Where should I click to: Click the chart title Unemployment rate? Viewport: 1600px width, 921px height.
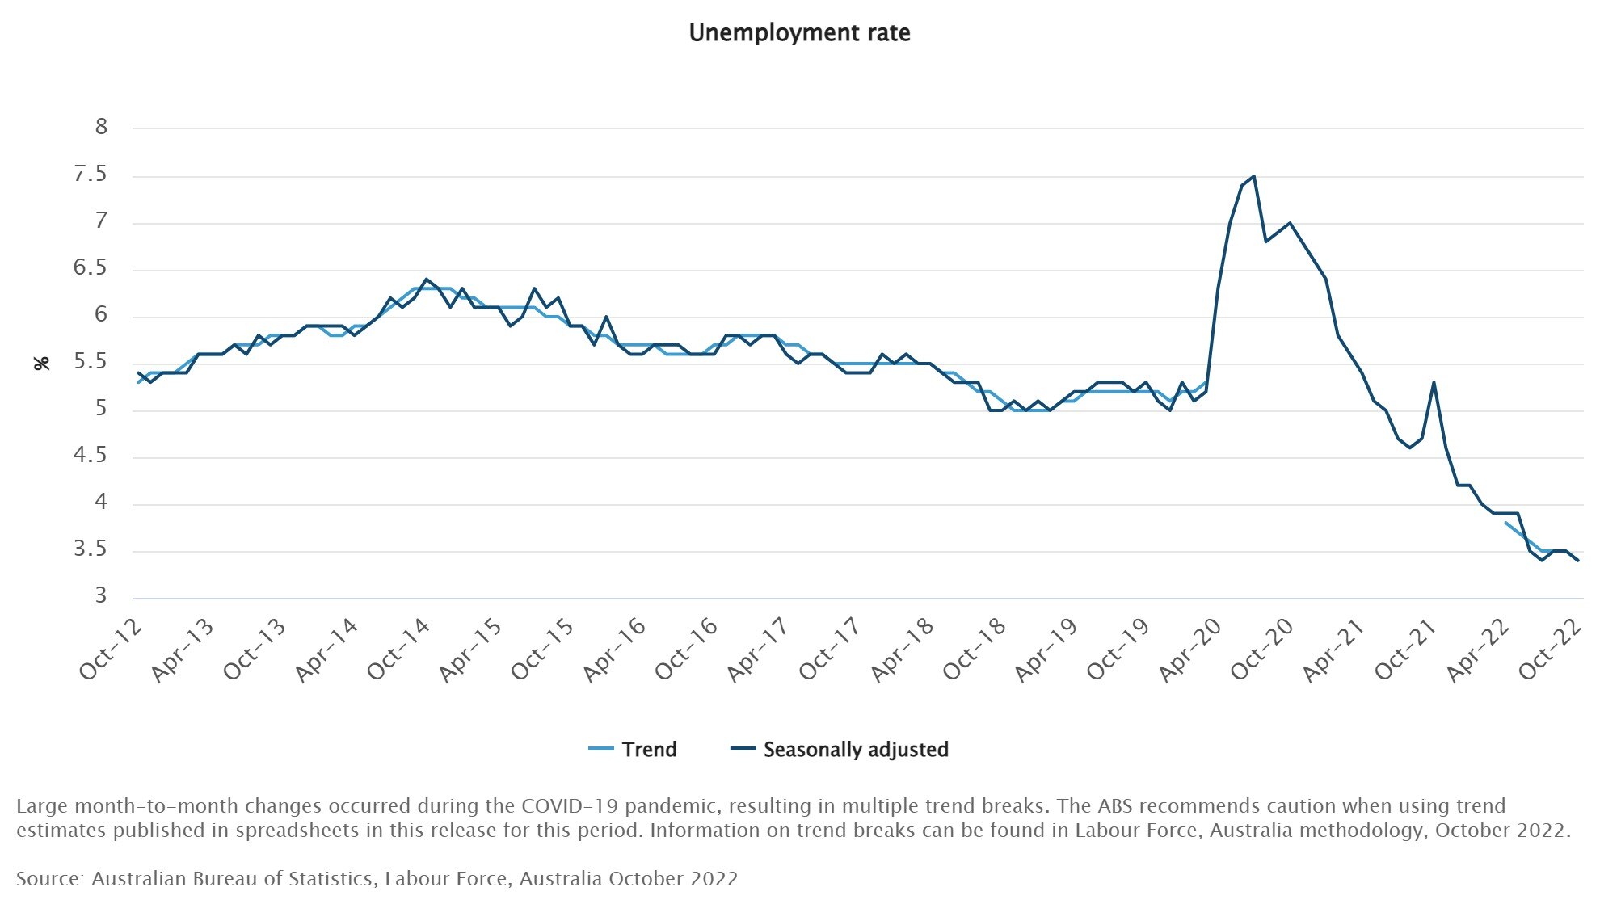point(799,33)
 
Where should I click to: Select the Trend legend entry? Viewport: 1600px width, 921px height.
point(649,750)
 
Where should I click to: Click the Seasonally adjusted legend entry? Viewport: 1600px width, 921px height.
point(855,750)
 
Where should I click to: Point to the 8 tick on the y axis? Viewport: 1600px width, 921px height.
point(101,127)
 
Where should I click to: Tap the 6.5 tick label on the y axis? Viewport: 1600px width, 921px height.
point(90,268)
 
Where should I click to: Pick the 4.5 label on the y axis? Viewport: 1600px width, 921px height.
point(90,456)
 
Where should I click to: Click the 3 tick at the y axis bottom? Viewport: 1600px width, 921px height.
point(101,596)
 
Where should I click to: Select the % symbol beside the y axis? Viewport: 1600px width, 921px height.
point(42,364)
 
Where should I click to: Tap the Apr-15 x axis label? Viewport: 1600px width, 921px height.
point(471,650)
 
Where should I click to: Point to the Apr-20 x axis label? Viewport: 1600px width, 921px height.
point(1190,650)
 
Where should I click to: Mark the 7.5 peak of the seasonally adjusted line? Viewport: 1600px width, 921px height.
point(1253,176)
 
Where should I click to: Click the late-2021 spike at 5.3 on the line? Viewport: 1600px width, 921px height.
point(1434,382)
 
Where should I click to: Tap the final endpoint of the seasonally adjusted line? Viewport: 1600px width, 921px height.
point(1578,561)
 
